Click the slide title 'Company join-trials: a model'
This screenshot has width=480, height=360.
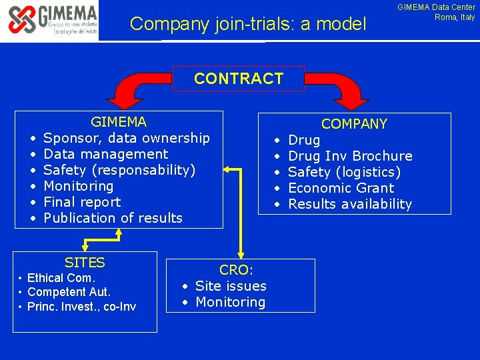coord(248,25)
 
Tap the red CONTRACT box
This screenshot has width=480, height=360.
coord(239,79)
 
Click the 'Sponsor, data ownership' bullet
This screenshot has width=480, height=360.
coord(126,138)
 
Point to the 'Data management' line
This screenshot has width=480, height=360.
coord(105,154)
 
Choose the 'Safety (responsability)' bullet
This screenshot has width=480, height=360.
coord(119,170)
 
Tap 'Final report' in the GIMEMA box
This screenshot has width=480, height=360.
coord(82,202)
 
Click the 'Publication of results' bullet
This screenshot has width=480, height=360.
coord(113,218)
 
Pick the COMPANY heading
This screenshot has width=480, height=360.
coord(354,124)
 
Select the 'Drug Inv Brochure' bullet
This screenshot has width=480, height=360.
coord(350,156)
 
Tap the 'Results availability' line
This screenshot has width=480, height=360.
coord(350,204)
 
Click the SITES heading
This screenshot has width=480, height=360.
coord(85,263)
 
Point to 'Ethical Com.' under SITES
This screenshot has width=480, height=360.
coord(61,278)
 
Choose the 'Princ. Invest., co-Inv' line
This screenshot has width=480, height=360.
coord(81,307)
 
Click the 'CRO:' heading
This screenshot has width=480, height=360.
coord(236,270)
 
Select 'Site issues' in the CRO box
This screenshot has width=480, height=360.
coord(231,286)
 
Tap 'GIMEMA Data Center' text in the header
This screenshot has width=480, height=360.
coord(436,7)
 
